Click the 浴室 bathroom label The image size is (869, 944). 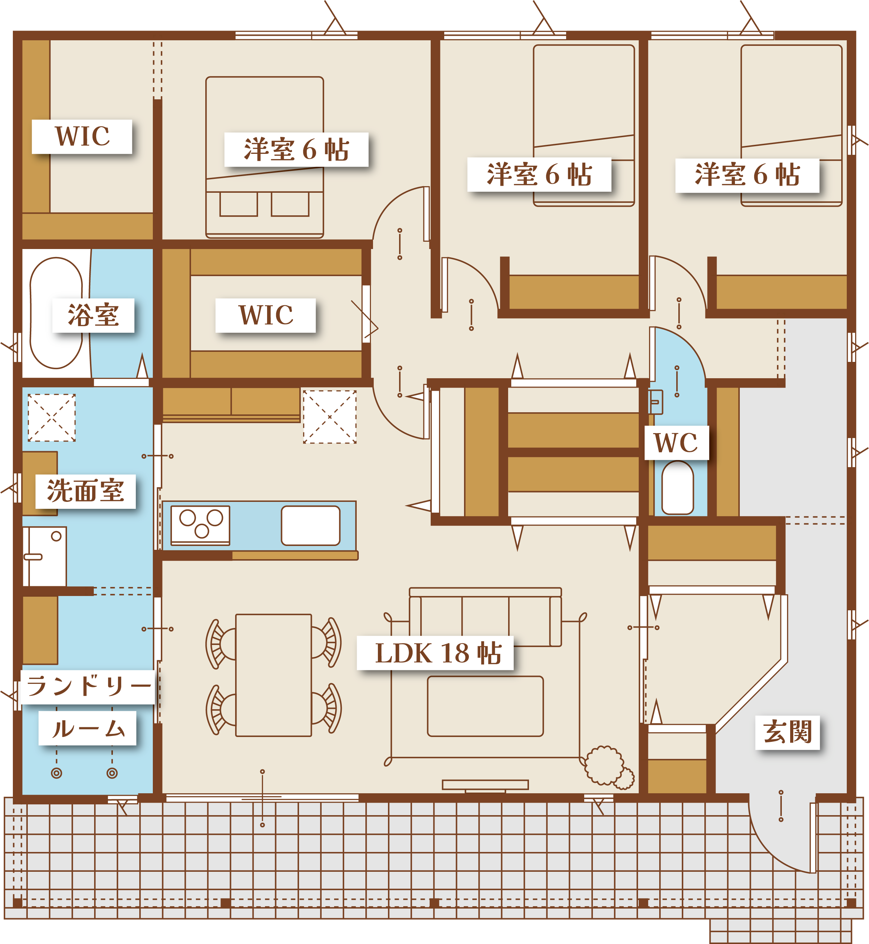pyautogui.click(x=93, y=315)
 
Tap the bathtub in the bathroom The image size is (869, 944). pyautogui.click(x=56, y=313)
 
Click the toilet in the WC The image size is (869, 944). pyautogui.click(x=677, y=488)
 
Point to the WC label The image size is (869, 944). pyautogui.click(x=676, y=443)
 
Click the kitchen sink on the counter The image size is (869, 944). pyautogui.click(x=311, y=525)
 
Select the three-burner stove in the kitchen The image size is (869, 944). pyautogui.click(x=200, y=525)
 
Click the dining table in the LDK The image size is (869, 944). pyautogui.click(x=273, y=675)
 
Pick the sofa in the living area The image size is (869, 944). pyautogui.click(x=485, y=617)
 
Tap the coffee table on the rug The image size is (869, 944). pyautogui.click(x=485, y=706)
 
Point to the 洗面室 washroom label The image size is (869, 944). pyautogui.click(x=85, y=491)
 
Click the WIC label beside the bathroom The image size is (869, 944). pyautogui.click(x=266, y=315)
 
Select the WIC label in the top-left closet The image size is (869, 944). pyautogui.click(x=82, y=136)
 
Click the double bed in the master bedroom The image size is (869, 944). pyautogui.click(x=264, y=157)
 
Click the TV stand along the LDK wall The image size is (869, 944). pyautogui.click(x=485, y=785)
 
